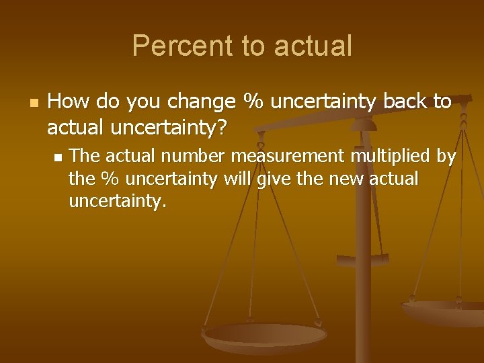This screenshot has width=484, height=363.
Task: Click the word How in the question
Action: click(70, 102)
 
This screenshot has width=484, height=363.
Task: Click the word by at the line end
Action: click(446, 157)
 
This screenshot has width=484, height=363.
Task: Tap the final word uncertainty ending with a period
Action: click(117, 202)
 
